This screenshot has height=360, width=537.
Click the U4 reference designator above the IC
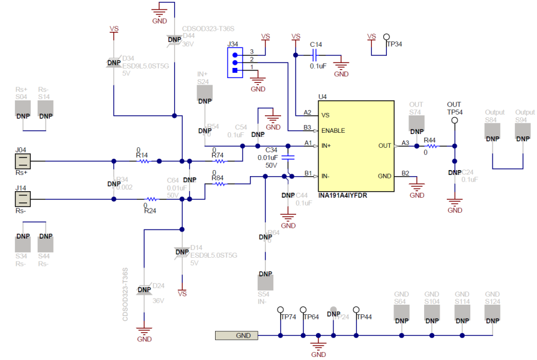(x=323, y=96)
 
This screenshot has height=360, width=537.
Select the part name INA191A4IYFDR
(x=343, y=195)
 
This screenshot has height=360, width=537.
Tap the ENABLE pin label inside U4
(x=333, y=130)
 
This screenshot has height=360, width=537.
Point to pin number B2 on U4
(x=405, y=173)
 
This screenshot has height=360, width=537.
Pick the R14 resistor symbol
(x=142, y=161)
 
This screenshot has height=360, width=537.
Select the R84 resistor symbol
(x=219, y=184)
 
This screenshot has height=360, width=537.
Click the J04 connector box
(x=22, y=161)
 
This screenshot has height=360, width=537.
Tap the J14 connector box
(x=22, y=199)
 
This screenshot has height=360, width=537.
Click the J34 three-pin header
(x=234, y=62)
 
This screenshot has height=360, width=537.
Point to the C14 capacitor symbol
(x=317, y=55)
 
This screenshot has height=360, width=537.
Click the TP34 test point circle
(x=387, y=37)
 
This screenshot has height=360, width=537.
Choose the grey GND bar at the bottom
(x=237, y=335)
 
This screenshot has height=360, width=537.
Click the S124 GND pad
(x=493, y=313)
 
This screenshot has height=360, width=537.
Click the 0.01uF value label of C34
(x=267, y=157)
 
